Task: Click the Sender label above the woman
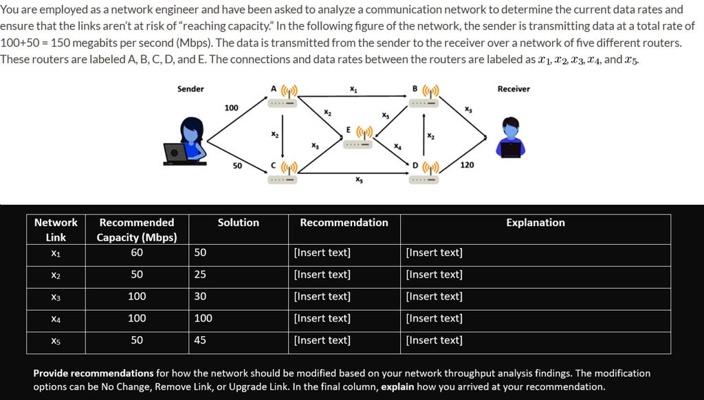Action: point(190,89)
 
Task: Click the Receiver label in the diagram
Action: point(513,89)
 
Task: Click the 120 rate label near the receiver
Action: point(467,166)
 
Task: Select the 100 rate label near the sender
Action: point(232,108)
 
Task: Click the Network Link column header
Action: point(56,230)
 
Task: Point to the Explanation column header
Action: point(536,223)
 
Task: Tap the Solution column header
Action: point(239,223)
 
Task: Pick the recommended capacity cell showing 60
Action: point(137,252)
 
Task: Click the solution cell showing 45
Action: point(200,340)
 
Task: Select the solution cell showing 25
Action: point(200,274)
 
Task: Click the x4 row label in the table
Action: point(56,318)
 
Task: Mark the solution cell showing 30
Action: point(200,296)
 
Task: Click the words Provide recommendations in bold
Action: point(93,373)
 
